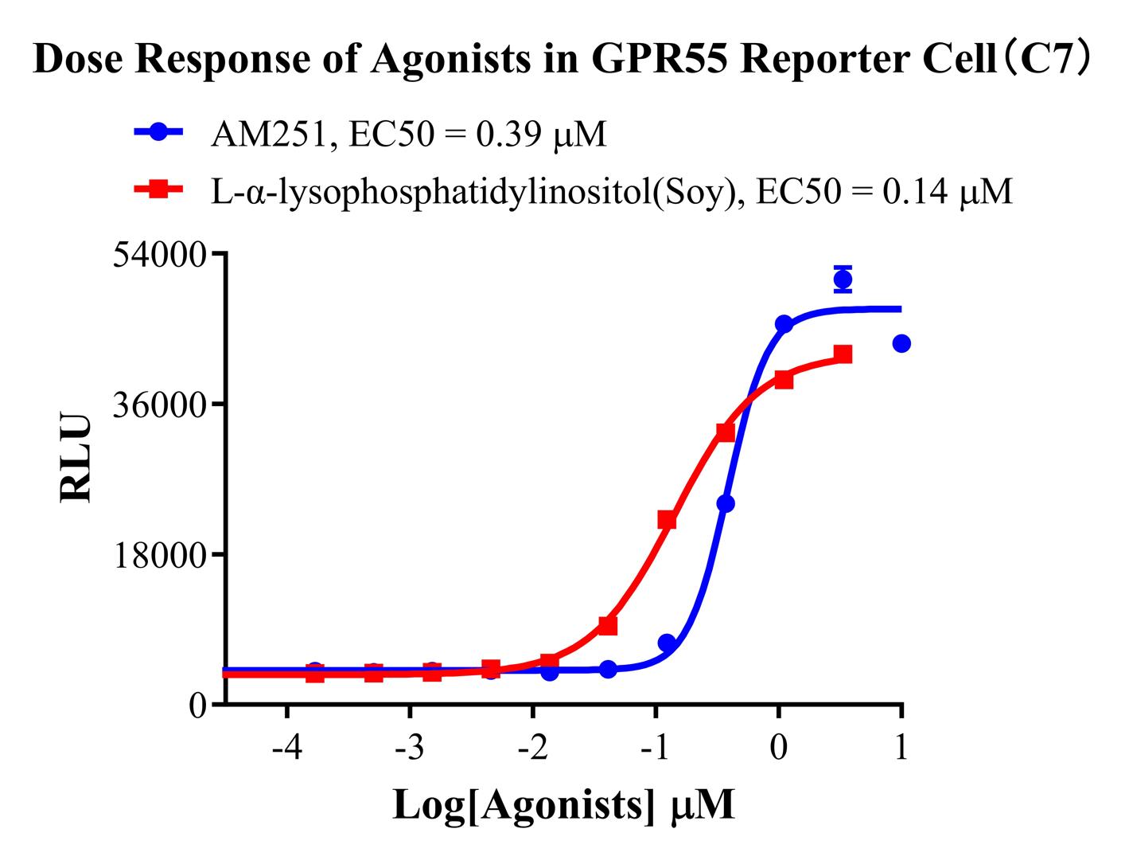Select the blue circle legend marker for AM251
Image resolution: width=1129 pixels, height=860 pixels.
point(158,132)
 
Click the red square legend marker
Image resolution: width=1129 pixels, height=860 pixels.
point(158,190)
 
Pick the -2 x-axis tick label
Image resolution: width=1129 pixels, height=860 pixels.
point(532,749)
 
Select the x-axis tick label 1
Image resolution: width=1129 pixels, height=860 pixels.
point(901,749)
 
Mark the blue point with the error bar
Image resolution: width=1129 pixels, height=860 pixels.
point(843,279)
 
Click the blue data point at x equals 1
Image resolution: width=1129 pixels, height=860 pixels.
point(901,344)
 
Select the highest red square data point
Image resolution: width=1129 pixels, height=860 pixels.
point(843,354)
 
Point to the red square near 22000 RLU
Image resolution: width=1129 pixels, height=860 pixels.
point(667,520)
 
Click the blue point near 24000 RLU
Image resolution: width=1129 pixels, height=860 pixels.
point(726,503)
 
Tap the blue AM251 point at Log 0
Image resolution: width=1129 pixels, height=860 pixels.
point(784,324)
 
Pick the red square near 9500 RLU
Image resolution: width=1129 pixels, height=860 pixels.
point(608,626)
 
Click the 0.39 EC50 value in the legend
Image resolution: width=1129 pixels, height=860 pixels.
point(498,135)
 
